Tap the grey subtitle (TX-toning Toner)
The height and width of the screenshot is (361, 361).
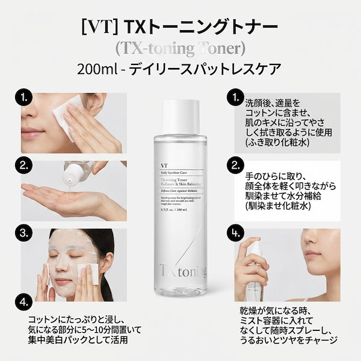pos(180,48)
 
